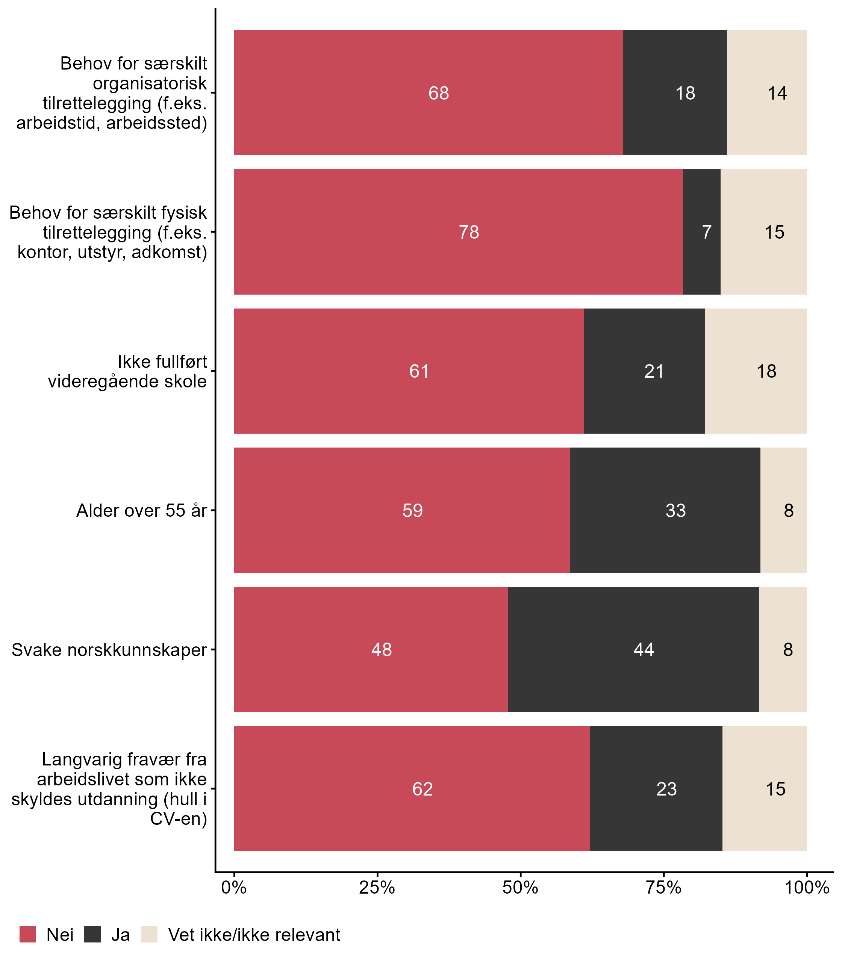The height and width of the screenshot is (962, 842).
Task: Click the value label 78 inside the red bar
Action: point(469,233)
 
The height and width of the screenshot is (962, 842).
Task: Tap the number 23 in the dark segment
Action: point(666,789)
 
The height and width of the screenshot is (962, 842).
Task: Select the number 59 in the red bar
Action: point(413,511)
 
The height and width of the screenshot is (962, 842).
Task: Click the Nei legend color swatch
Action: point(28,934)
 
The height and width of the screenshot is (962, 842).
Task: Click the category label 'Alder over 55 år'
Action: point(141,511)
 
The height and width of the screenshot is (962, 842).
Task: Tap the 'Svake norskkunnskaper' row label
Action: point(109,650)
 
